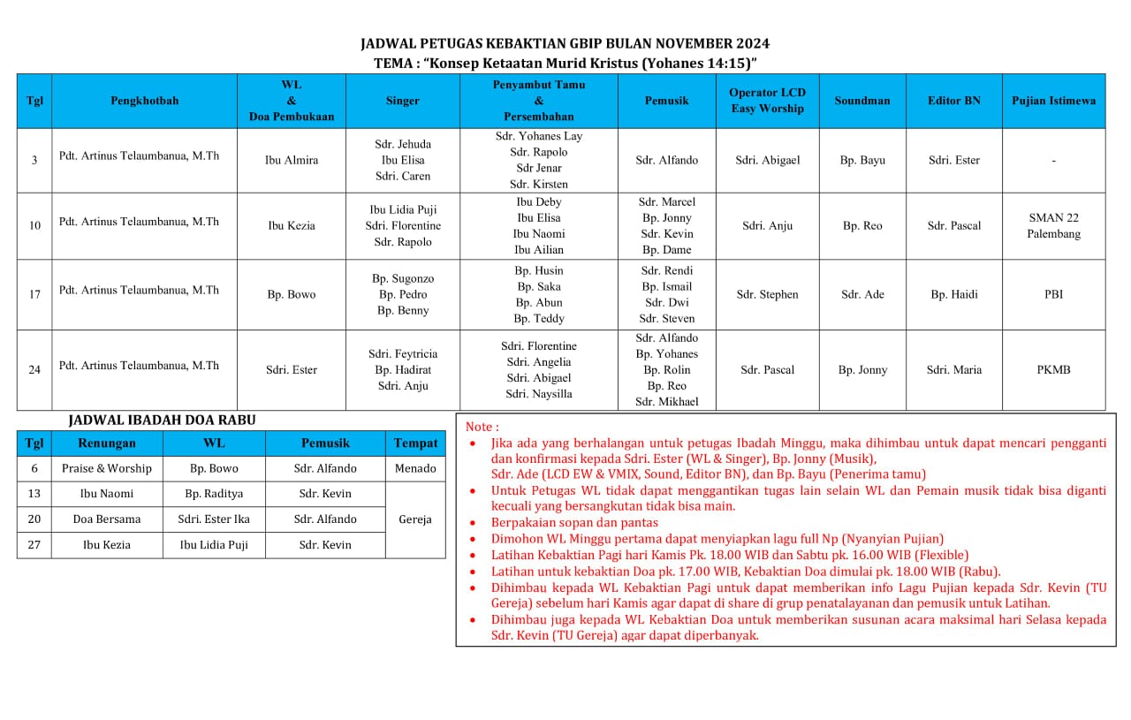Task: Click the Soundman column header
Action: tap(862, 101)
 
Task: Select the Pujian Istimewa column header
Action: tap(1053, 101)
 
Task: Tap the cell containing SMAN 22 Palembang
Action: tap(1053, 225)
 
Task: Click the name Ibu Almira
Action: tap(292, 160)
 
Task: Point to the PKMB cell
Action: tap(1053, 370)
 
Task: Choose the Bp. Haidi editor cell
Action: tap(954, 294)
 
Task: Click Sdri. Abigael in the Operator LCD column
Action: tap(768, 160)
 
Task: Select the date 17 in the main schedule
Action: tap(34, 294)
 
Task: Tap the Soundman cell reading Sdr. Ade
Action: tap(862, 294)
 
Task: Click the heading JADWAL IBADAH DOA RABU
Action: tap(162, 421)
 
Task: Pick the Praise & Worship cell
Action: tap(107, 468)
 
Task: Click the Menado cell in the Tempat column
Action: tap(415, 468)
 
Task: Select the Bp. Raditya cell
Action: tap(214, 494)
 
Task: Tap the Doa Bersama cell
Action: tap(107, 519)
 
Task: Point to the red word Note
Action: tap(482, 427)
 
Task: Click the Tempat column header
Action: tap(415, 443)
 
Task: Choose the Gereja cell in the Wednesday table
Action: tap(415, 519)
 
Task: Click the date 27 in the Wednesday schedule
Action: tap(34, 545)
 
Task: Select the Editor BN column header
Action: tap(954, 101)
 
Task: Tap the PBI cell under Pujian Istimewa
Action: tap(1053, 294)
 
